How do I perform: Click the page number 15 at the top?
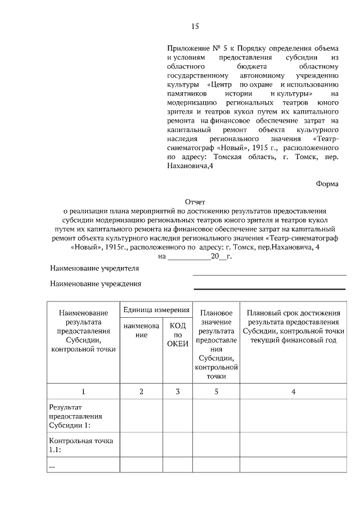pos(195,26)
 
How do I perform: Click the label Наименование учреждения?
pos(95,285)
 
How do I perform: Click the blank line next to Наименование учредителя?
pos(269,274)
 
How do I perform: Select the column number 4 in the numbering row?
pos(294,391)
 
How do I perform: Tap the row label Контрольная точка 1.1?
pos(81,445)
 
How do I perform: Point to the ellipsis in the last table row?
pos(52,466)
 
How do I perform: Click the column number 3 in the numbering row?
pos(178,391)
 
